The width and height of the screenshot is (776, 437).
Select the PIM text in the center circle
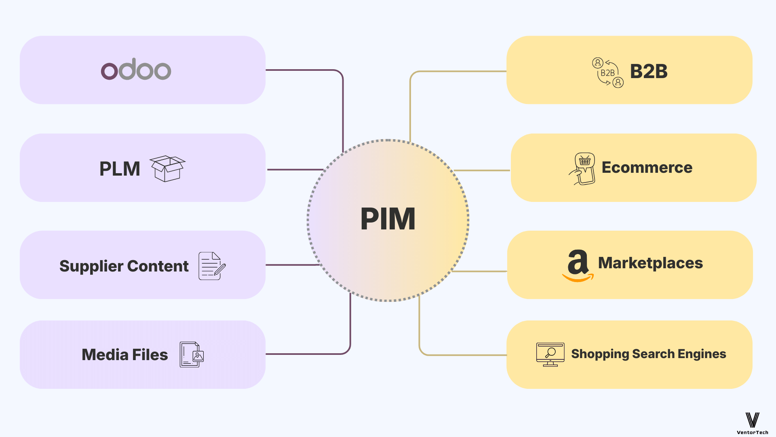point(388,219)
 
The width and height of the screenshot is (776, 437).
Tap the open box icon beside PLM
point(167,168)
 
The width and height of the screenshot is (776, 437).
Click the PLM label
point(120,169)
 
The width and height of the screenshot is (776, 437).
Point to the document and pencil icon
point(212,266)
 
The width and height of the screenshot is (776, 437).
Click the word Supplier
point(91,266)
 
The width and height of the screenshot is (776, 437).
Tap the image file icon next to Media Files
point(192,354)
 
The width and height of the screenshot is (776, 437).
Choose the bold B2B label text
point(649,72)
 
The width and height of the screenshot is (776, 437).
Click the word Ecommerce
point(647,168)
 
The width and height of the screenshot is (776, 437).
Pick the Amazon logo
point(578,265)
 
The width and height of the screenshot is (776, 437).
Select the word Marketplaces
point(650,263)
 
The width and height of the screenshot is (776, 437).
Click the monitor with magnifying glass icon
point(550,354)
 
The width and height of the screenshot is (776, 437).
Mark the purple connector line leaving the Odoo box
point(303,70)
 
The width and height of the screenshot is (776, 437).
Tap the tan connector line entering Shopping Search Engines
point(465,355)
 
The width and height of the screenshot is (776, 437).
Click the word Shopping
point(600,354)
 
